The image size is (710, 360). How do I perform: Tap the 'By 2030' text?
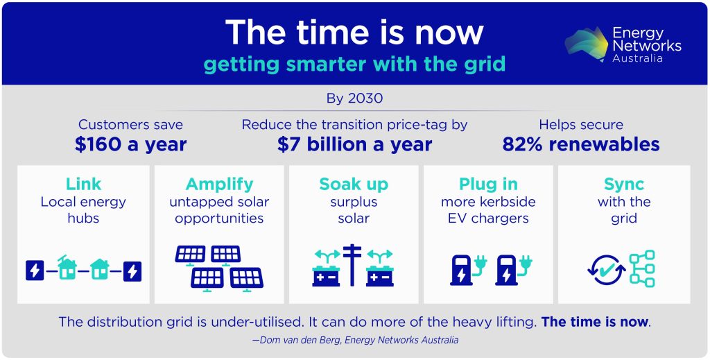click(354, 98)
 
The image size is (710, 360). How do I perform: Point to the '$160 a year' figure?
click(131, 144)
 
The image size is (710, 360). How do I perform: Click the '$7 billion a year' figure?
click(354, 144)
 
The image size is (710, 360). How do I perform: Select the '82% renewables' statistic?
click(580, 144)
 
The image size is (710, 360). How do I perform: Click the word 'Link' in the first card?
click(83, 184)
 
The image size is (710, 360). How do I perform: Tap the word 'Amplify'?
click(220, 184)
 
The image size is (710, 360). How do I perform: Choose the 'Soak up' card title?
click(354, 184)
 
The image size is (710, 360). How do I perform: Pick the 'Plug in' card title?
click(488, 184)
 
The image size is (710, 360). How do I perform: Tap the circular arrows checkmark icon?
click(605, 270)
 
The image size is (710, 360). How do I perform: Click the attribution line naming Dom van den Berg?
click(354, 341)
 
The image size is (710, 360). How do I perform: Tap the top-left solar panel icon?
click(190, 255)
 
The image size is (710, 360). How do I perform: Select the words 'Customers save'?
click(131, 125)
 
